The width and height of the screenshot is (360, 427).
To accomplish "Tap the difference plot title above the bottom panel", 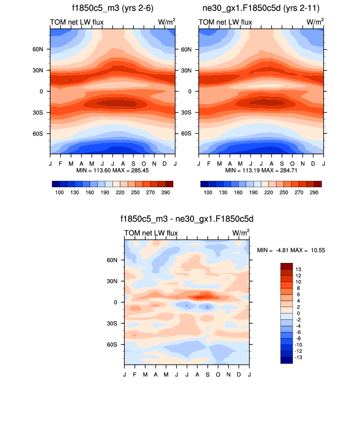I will coord(187,219).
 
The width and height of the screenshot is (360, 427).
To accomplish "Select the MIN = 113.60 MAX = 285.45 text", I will coord(112,170).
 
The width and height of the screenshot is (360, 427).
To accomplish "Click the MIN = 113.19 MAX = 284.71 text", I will coord(261,170).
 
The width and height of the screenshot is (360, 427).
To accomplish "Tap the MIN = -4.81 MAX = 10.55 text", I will coord(291,250).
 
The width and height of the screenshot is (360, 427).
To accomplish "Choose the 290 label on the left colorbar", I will coord(166,193).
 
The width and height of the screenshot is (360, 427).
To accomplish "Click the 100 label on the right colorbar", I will coord(208,193).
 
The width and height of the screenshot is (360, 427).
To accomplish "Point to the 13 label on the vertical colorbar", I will coord(298,269).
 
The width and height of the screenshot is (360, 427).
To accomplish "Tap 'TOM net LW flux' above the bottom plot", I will coord(151,232).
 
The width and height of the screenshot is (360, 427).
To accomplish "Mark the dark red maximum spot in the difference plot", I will coord(204,296).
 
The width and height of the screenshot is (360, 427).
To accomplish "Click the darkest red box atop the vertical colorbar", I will coord(286,266).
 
